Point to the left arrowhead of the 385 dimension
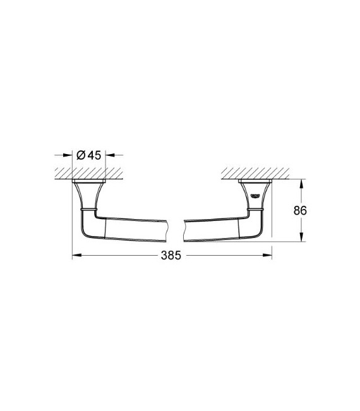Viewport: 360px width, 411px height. tap(76, 255)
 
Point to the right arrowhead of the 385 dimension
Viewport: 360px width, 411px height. tap(268, 255)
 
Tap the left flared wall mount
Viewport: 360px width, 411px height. tap(88, 193)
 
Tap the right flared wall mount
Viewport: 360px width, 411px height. tap(256, 193)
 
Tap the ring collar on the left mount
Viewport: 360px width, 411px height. tap(88, 207)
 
